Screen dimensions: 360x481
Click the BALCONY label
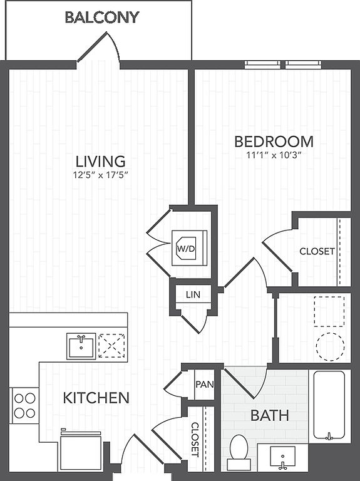[102, 17]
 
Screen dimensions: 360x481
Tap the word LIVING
[101, 162]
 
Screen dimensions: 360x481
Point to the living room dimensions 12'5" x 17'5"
[100, 175]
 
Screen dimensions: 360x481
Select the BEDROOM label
[274, 142]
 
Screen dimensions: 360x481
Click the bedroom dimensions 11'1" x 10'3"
[272, 155]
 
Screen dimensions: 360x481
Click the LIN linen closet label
[193, 295]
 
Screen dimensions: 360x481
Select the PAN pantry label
[205, 384]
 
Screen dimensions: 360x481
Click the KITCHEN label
[96, 398]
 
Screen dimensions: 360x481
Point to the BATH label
[270, 415]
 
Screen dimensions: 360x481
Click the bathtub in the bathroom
[329, 406]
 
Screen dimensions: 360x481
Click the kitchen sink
[81, 346]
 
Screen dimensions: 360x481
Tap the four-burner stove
[25, 406]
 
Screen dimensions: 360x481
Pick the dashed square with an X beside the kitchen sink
[111, 346]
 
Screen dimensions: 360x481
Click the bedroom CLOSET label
[317, 251]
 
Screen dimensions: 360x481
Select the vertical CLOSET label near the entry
[195, 439]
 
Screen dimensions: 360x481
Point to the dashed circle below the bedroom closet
[330, 346]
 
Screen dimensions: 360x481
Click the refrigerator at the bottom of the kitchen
[81, 451]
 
